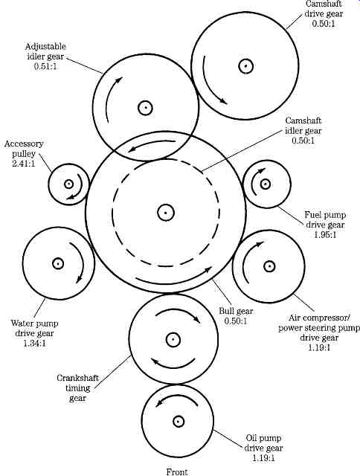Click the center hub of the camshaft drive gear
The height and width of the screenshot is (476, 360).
coord(245,66)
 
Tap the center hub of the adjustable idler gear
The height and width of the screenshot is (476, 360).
coord(145,108)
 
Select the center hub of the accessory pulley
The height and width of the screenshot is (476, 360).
coord(68,184)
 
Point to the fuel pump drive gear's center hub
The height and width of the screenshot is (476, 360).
coord(266,184)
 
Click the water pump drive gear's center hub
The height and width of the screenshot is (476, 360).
coord(58,263)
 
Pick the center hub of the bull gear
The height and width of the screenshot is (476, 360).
coord(165,213)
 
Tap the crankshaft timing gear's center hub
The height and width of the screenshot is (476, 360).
coord(173,339)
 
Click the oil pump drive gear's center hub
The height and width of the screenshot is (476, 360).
coord(177,422)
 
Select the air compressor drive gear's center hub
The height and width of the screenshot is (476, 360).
coord(269,266)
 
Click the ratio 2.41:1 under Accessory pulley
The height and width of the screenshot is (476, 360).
coord(24,164)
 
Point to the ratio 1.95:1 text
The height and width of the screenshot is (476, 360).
coord(325,235)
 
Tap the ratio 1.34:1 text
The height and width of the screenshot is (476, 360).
coord(35,344)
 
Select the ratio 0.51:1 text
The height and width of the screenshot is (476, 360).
coord(45,66)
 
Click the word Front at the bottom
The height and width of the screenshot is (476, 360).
coord(177,472)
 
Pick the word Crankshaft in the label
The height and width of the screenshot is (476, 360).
coord(77,378)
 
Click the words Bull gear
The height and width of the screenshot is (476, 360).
coord(236,311)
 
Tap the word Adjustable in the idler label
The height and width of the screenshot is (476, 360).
coord(45,46)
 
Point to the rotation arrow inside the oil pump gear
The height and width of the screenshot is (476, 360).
coord(177,399)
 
